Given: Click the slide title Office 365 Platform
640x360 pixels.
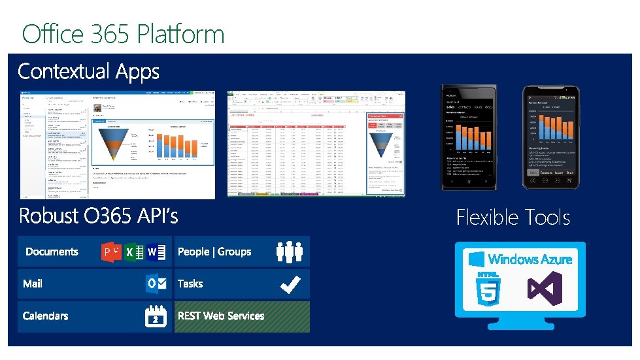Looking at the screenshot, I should click(x=123, y=33).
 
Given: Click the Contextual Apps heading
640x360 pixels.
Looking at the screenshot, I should click(x=88, y=71).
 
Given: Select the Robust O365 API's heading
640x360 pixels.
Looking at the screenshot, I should click(x=98, y=215).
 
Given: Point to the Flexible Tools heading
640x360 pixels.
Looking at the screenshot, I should click(x=513, y=217).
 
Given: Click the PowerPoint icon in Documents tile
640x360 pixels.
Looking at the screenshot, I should click(x=110, y=252).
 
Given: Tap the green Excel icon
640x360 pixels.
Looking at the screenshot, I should click(x=133, y=252).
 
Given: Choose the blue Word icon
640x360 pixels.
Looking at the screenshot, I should click(x=154, y=252).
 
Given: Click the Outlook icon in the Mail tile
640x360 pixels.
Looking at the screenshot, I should click(x=156, y=284).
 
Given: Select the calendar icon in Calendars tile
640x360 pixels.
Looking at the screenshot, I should click(x=156, y=316).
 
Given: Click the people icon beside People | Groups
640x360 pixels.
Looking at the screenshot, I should click(x=289, y=252).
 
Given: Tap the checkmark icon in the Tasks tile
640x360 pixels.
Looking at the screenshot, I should click(x=289, y=284).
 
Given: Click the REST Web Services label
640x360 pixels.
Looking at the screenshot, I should click(x=221, y=316).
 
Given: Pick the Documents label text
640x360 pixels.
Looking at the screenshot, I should click(x=52, y=252).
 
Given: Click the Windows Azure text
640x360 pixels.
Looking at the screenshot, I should click(x=530, y=259).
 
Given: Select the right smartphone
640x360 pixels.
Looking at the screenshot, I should click(x=550, y=137).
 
